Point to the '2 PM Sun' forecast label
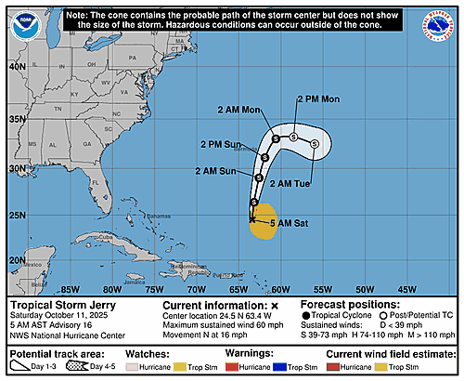pos(220,145)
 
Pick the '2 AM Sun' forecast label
pos(215,171)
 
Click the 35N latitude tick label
pos(17,120)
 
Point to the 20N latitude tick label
pos(17,260)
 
